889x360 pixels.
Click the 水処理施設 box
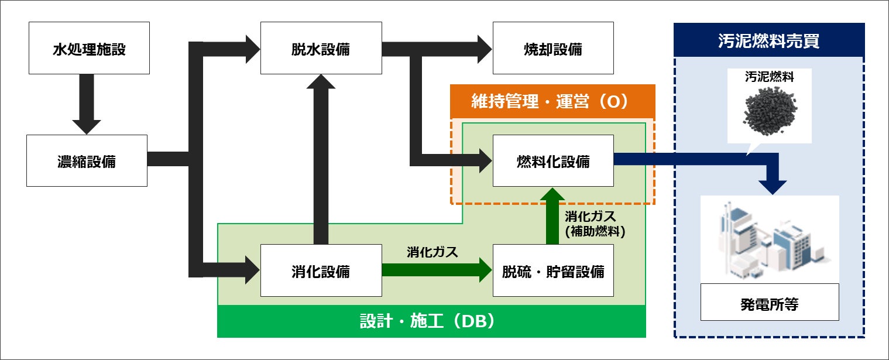coord(88,49)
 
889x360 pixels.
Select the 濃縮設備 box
coord(87,161)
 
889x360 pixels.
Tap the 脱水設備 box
coord(321,49)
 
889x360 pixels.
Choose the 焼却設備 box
coord(553,49)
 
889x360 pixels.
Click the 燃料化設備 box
coord(553,161)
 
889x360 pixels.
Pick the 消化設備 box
coord(321,271)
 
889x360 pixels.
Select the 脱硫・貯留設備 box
coord(553,271)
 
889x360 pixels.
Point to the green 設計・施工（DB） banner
coord(431,321)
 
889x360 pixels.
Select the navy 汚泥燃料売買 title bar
coord(768,40)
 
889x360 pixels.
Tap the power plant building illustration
coord(769,239)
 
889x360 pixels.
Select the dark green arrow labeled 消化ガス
coord(436,270)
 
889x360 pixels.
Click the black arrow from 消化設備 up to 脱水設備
coord(321,158)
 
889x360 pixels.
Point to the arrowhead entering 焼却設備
coord(483,49)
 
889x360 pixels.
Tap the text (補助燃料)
coord(595,231)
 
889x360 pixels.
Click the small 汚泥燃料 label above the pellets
coord(769,77)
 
